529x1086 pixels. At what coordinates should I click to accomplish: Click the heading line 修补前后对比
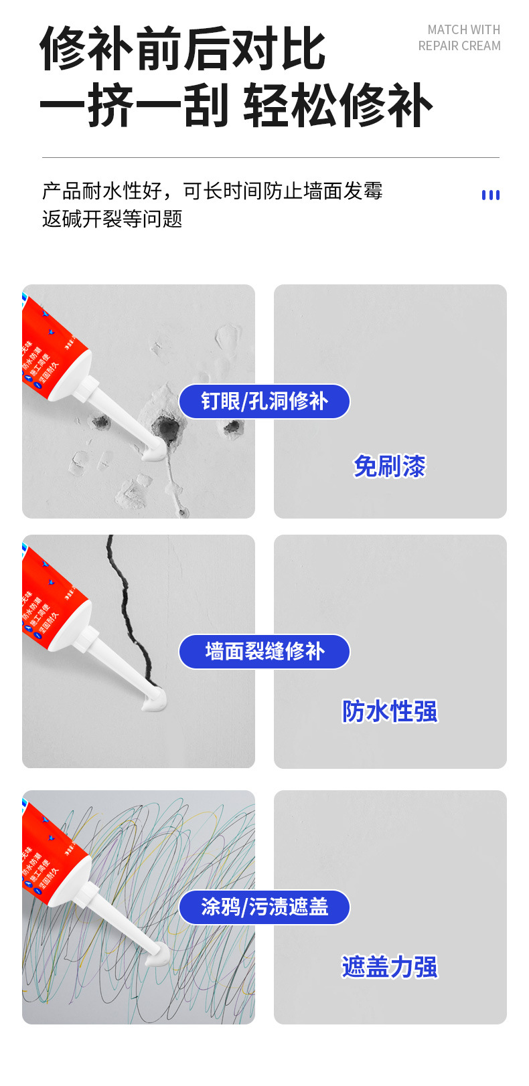tap(183, 49)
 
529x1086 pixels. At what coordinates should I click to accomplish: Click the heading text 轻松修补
tap(337, 106)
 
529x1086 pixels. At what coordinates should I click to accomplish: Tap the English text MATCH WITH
tap(463, 30)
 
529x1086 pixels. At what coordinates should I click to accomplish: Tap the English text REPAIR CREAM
tap(459, 46)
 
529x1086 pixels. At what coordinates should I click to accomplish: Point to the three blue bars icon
tap(490, 195)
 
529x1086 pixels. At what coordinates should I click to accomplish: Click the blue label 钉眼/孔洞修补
tap(264, 401)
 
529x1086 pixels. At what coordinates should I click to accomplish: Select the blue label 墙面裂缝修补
tap(264, 651)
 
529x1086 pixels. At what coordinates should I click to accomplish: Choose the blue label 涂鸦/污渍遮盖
tap(264, 907)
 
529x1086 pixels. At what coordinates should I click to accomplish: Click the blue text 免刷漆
tap(389, 466)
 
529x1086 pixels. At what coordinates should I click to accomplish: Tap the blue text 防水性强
tap(389, 711)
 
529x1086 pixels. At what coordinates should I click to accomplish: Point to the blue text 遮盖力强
tap(389, 967)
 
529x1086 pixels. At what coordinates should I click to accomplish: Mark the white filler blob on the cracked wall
tap(154, 700)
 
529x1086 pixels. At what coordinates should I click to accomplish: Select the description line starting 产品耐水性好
tap(212, 191)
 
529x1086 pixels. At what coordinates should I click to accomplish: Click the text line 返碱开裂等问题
tap(112, 219)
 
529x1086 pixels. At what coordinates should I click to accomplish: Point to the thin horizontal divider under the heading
tap(271, 158)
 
